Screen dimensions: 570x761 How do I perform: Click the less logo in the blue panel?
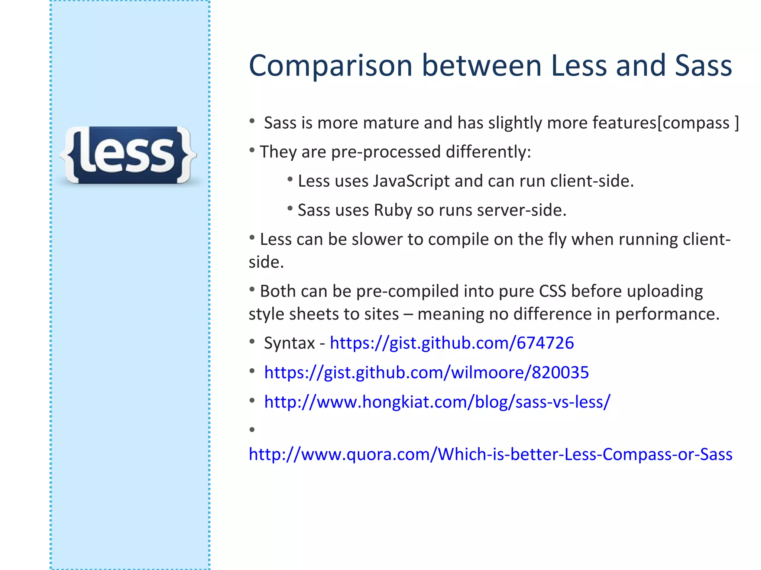tap(128, 155)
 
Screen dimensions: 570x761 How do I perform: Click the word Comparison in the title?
tap(331, 66)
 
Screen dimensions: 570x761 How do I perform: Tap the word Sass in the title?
tap(703, 66)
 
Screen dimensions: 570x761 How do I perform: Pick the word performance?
tap(667, 314)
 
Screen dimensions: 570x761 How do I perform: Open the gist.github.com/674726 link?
tap(452, 343)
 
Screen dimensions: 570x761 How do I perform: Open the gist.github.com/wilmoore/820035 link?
tap(426, 372)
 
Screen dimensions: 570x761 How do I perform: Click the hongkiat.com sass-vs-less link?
tap(437, 402)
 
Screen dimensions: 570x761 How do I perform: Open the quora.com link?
tap(490, 454)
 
